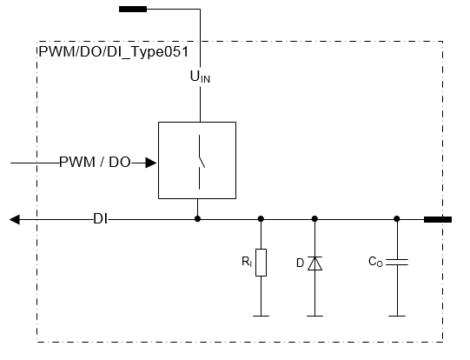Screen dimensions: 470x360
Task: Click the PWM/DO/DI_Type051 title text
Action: click(x=114, y=52)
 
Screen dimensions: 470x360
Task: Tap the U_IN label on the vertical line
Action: click(x=200, y=77)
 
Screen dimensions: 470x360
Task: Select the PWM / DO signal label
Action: click(x=95, y=163)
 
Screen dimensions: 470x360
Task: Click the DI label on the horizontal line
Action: click(x=100, y=219)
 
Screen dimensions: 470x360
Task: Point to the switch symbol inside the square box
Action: click(x=200, y=163)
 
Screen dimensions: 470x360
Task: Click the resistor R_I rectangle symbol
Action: click(x=261, y=263)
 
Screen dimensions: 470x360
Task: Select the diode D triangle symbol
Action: click(x=314, y=263)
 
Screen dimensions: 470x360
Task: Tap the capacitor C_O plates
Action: click(x=397, y=262)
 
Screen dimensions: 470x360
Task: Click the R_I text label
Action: click(x=247, y=262)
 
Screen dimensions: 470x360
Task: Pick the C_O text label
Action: click(x=375, y=262)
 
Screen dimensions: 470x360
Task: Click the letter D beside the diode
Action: click(x=300, y=263)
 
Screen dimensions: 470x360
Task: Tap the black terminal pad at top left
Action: click(x=133, y=9)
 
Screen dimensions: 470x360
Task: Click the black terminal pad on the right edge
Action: click(x=438, y=220)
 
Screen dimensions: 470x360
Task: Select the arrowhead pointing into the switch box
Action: click(x=151, y=163)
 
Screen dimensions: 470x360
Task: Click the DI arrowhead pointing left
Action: click(x=15, y=220)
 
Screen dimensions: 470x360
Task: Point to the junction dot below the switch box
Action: click(x=197, y=219)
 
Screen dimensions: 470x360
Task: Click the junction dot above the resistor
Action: click(x=261, y=219)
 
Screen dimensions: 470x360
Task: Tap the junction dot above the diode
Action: click(x=314, y=219)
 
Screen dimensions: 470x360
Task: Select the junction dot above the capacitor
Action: click(x=396, y=219)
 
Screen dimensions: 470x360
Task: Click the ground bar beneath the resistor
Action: click(x=261, y=316)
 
